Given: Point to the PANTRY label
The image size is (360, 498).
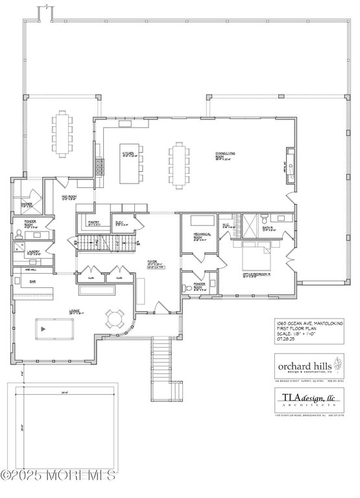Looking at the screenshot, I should pyautogui.click(x=93, y=223).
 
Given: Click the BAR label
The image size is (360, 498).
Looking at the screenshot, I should pyautogui.click(x=32, y=282).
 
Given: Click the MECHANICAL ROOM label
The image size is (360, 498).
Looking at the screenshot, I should pyautogui.click(x=197, y=238).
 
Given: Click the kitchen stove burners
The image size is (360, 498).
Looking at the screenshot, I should pyautogui.click(x=99, y=167).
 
